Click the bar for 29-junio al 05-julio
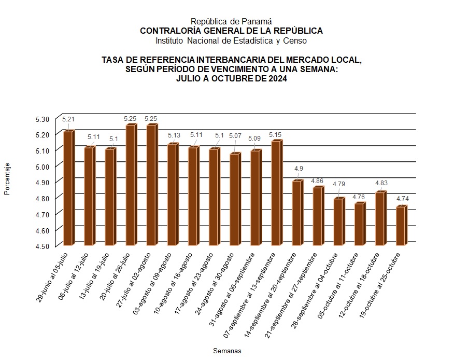tap(67, 188)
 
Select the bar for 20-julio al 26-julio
tap(130, 185)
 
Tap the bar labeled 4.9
tap(296, 213)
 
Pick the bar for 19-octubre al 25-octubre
tap(400, 226)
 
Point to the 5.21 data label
tap(67, 119)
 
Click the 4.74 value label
tap(402, 199)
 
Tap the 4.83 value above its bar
tap(380, 183)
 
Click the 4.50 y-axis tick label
tap(42, 246)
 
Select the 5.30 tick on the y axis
tap(42, 119)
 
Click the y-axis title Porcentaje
tap(7, 179)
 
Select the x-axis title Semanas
tap(227, 351)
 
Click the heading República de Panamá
tap(231, 21)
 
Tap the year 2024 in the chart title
tap(276, 79)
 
